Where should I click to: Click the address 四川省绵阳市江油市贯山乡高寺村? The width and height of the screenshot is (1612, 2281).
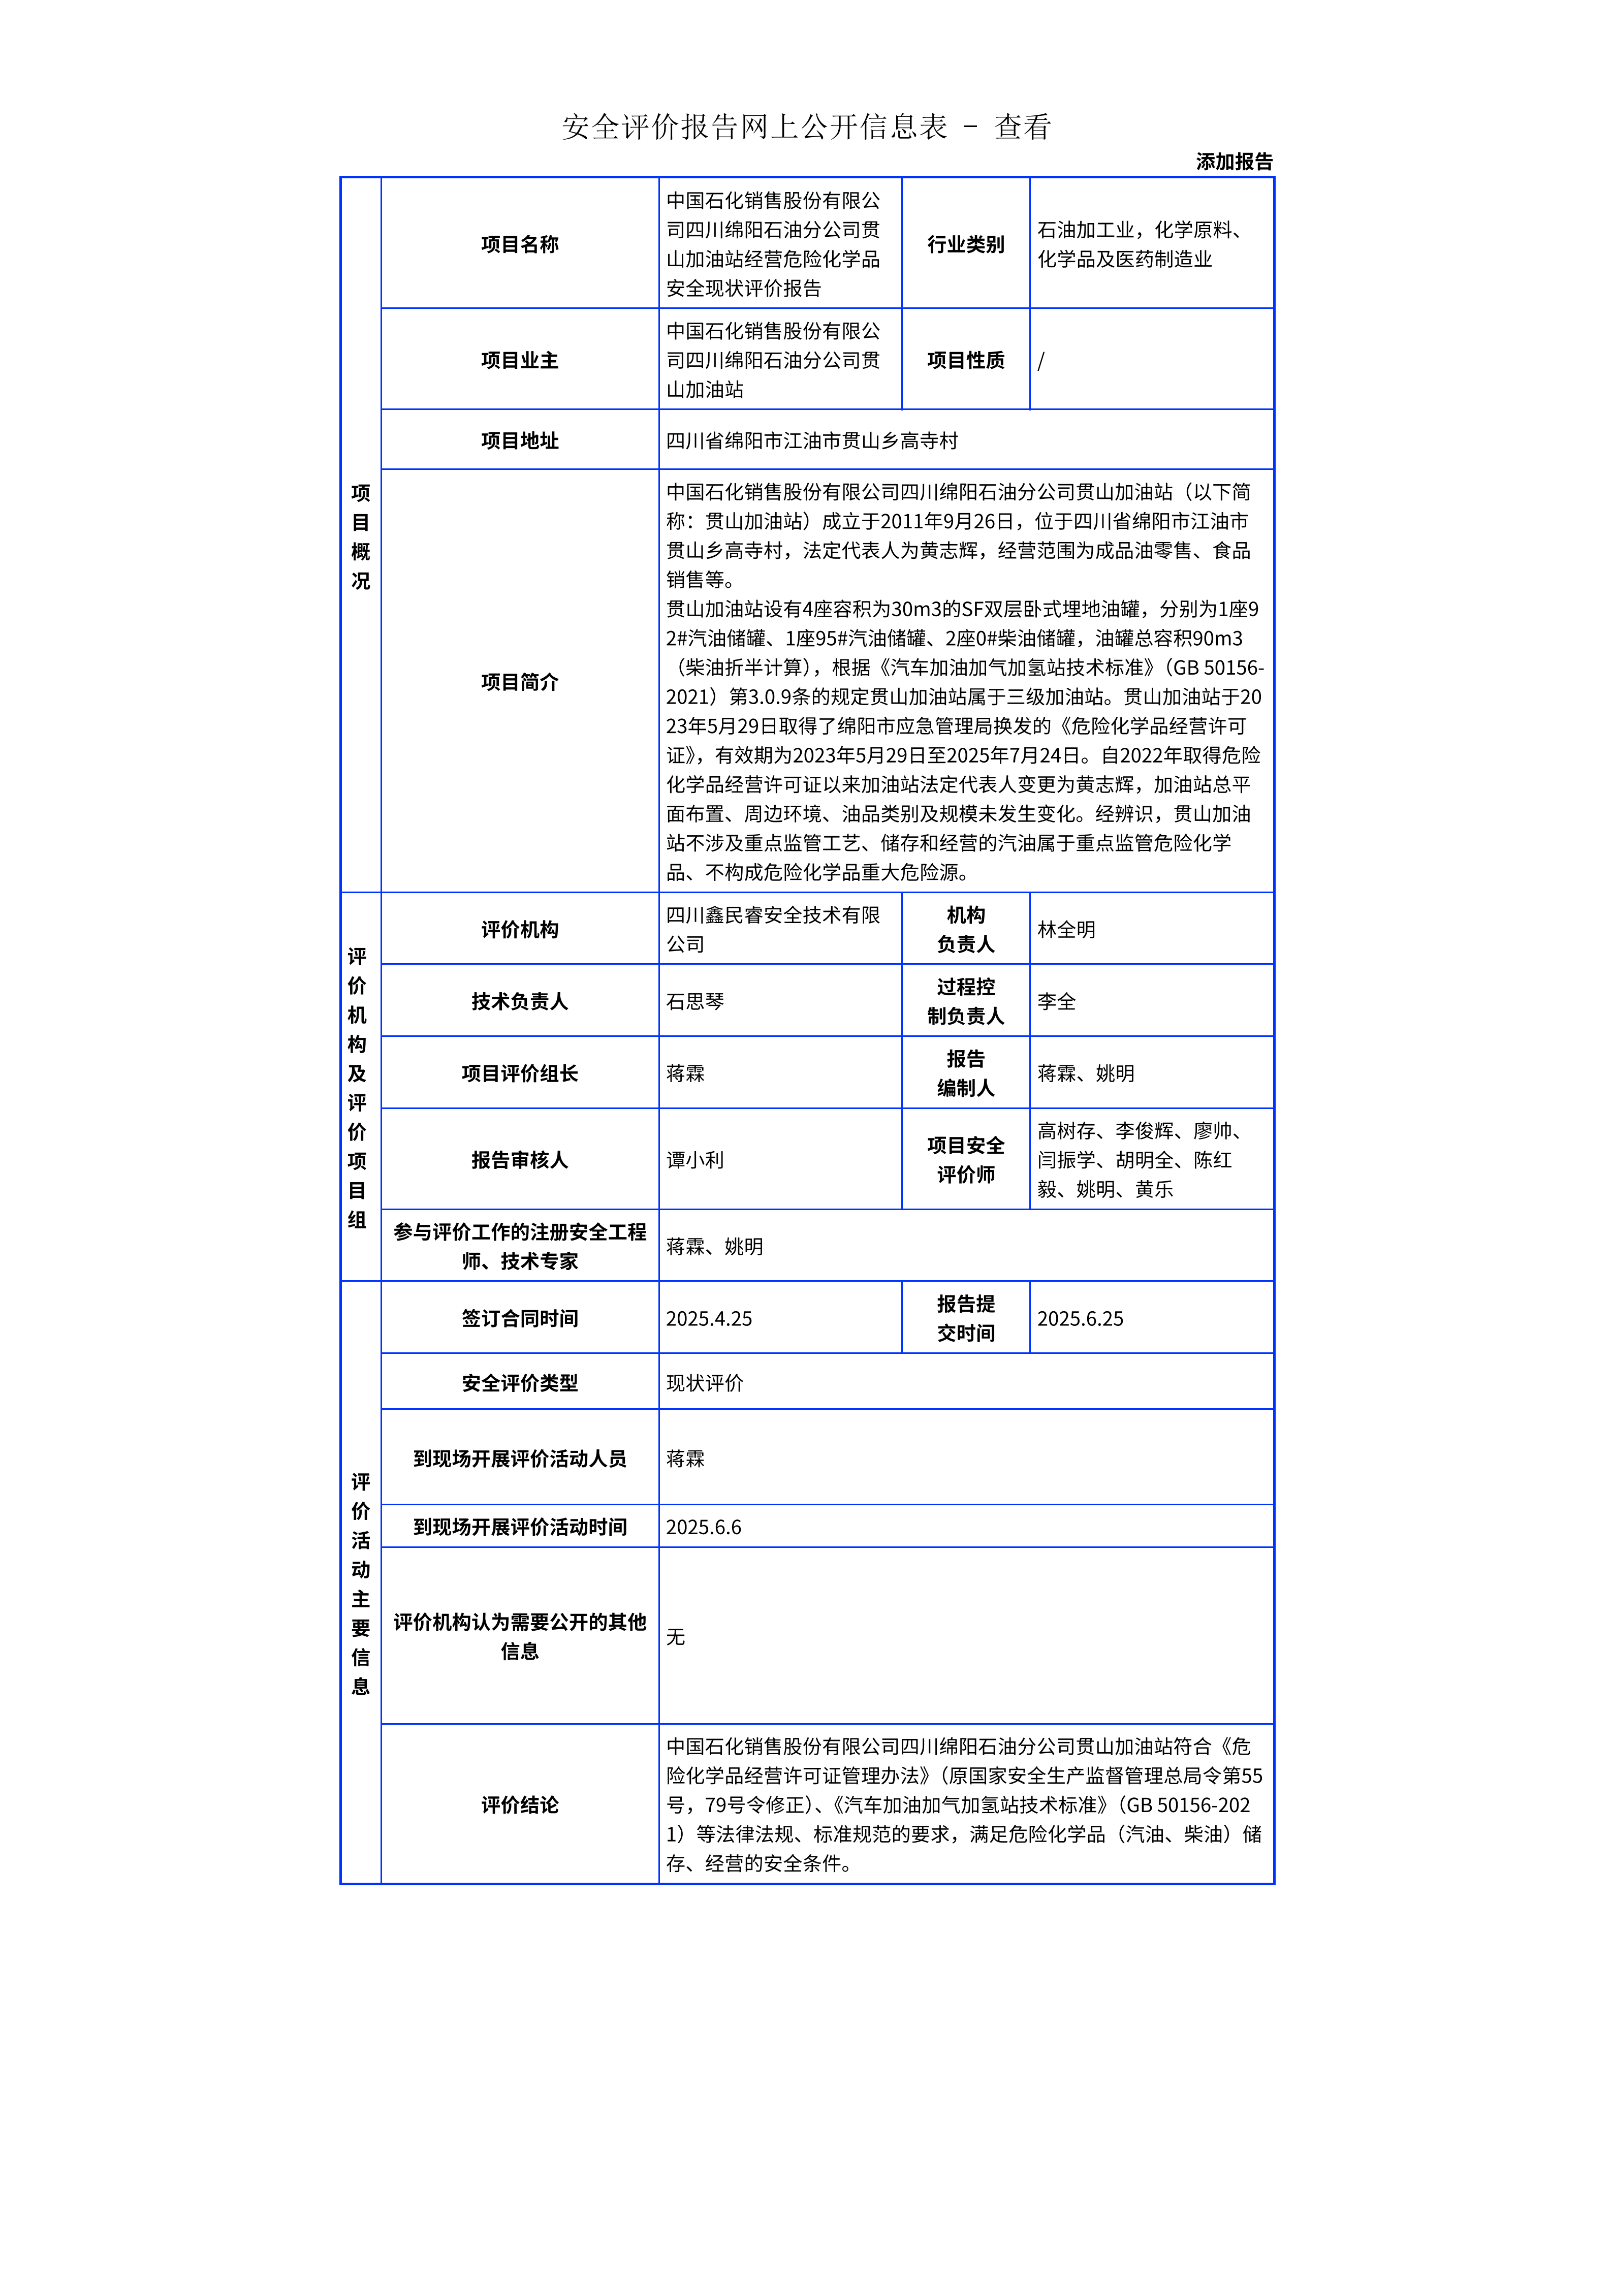(x=811, y=440)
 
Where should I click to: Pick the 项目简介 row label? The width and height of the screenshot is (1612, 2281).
(x=519, y=682)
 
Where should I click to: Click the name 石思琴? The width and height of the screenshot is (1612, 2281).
(x=694, y=1001)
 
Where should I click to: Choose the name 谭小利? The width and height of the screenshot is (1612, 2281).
(x=694, y=1159)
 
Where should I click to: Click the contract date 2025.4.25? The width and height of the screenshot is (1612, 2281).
(x=708, y=1318)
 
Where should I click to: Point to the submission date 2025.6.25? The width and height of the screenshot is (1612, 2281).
(x=1080, y=1318)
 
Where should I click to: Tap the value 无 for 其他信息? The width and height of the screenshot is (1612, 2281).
(x=675, y=1636)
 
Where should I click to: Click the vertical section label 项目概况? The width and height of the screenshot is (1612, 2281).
(x=361, y=536)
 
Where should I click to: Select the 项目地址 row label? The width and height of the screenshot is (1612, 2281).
(x=519, y=440)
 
